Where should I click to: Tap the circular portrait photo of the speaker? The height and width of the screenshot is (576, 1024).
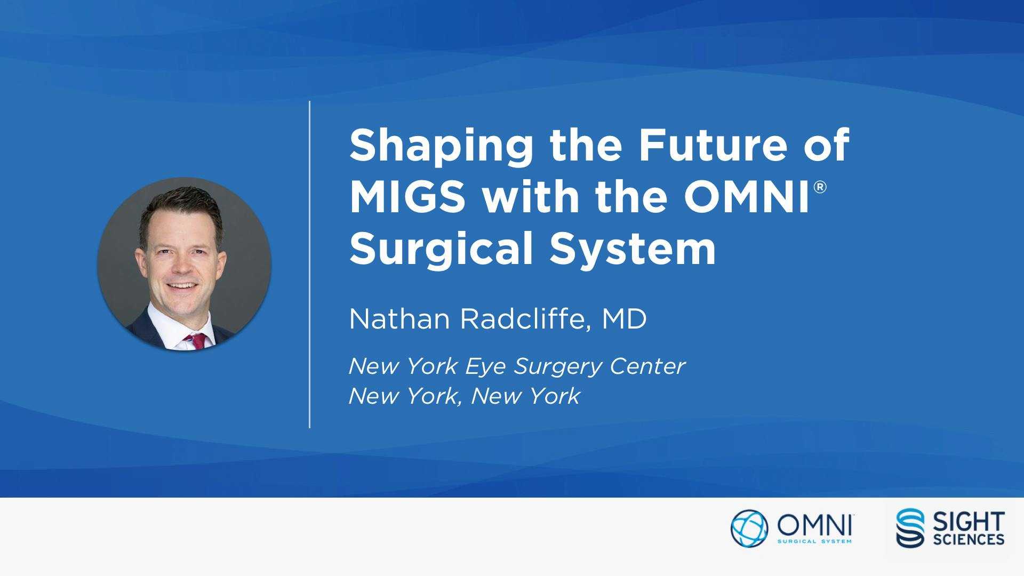pos(185,264)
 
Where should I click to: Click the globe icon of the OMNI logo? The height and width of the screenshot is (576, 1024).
pos(749,528)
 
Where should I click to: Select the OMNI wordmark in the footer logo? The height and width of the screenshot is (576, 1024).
pos(814,525)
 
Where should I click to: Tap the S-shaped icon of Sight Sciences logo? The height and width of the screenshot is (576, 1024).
pos(911,528)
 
